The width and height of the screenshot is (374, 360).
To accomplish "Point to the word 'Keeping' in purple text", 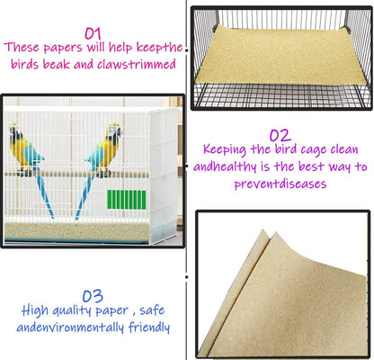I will click(227, 149).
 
